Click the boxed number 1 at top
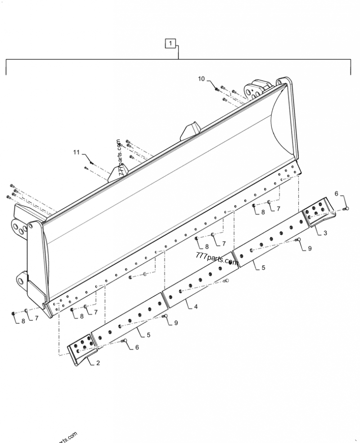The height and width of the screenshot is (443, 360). tap(171, 44)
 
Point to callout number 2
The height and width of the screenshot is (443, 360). tap(97, 363)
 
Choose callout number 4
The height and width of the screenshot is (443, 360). tap(195, 307)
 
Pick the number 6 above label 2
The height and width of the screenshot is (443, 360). tap(137, 347)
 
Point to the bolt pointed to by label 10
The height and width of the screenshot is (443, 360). tap(216, 89)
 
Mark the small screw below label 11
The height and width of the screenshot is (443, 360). tap(86, 168)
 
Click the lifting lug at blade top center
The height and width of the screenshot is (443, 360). tap(191, 130)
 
